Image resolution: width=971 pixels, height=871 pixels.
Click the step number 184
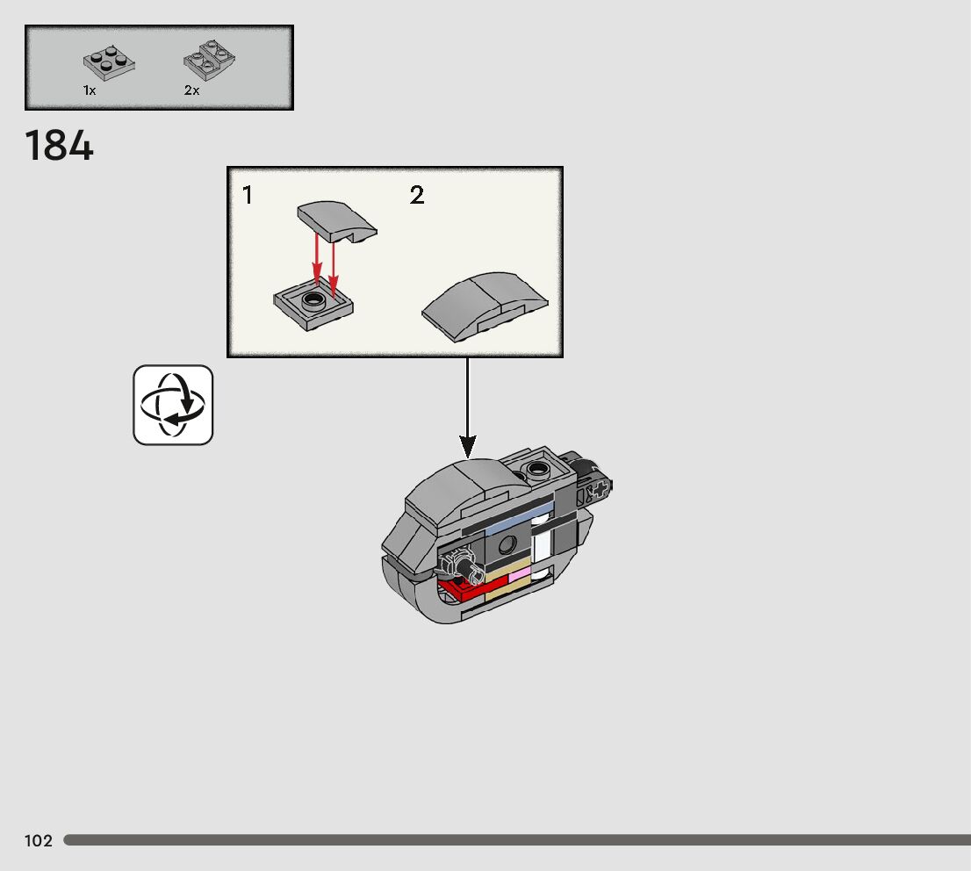[x=59, y=146]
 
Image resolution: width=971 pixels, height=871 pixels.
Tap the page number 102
[x=39, y=841]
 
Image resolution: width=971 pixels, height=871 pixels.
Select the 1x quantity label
[x=90, y=90]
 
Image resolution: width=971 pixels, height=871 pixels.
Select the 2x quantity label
[x=191, y=90]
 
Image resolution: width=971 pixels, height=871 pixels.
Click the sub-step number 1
[x=248, y=195]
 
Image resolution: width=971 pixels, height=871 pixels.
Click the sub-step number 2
[x=417, y=195]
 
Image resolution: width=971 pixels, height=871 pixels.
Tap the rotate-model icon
[x=173, y=405]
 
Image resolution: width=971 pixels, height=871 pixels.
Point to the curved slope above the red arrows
[x=335, y=220]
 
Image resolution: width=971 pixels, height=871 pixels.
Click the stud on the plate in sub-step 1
[x=313, y=301]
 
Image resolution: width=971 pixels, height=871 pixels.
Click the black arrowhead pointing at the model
[x=467, y=445]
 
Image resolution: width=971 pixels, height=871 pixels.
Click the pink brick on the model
[x=519, y=575]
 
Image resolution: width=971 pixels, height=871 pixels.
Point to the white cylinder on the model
[x=543, y=549]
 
